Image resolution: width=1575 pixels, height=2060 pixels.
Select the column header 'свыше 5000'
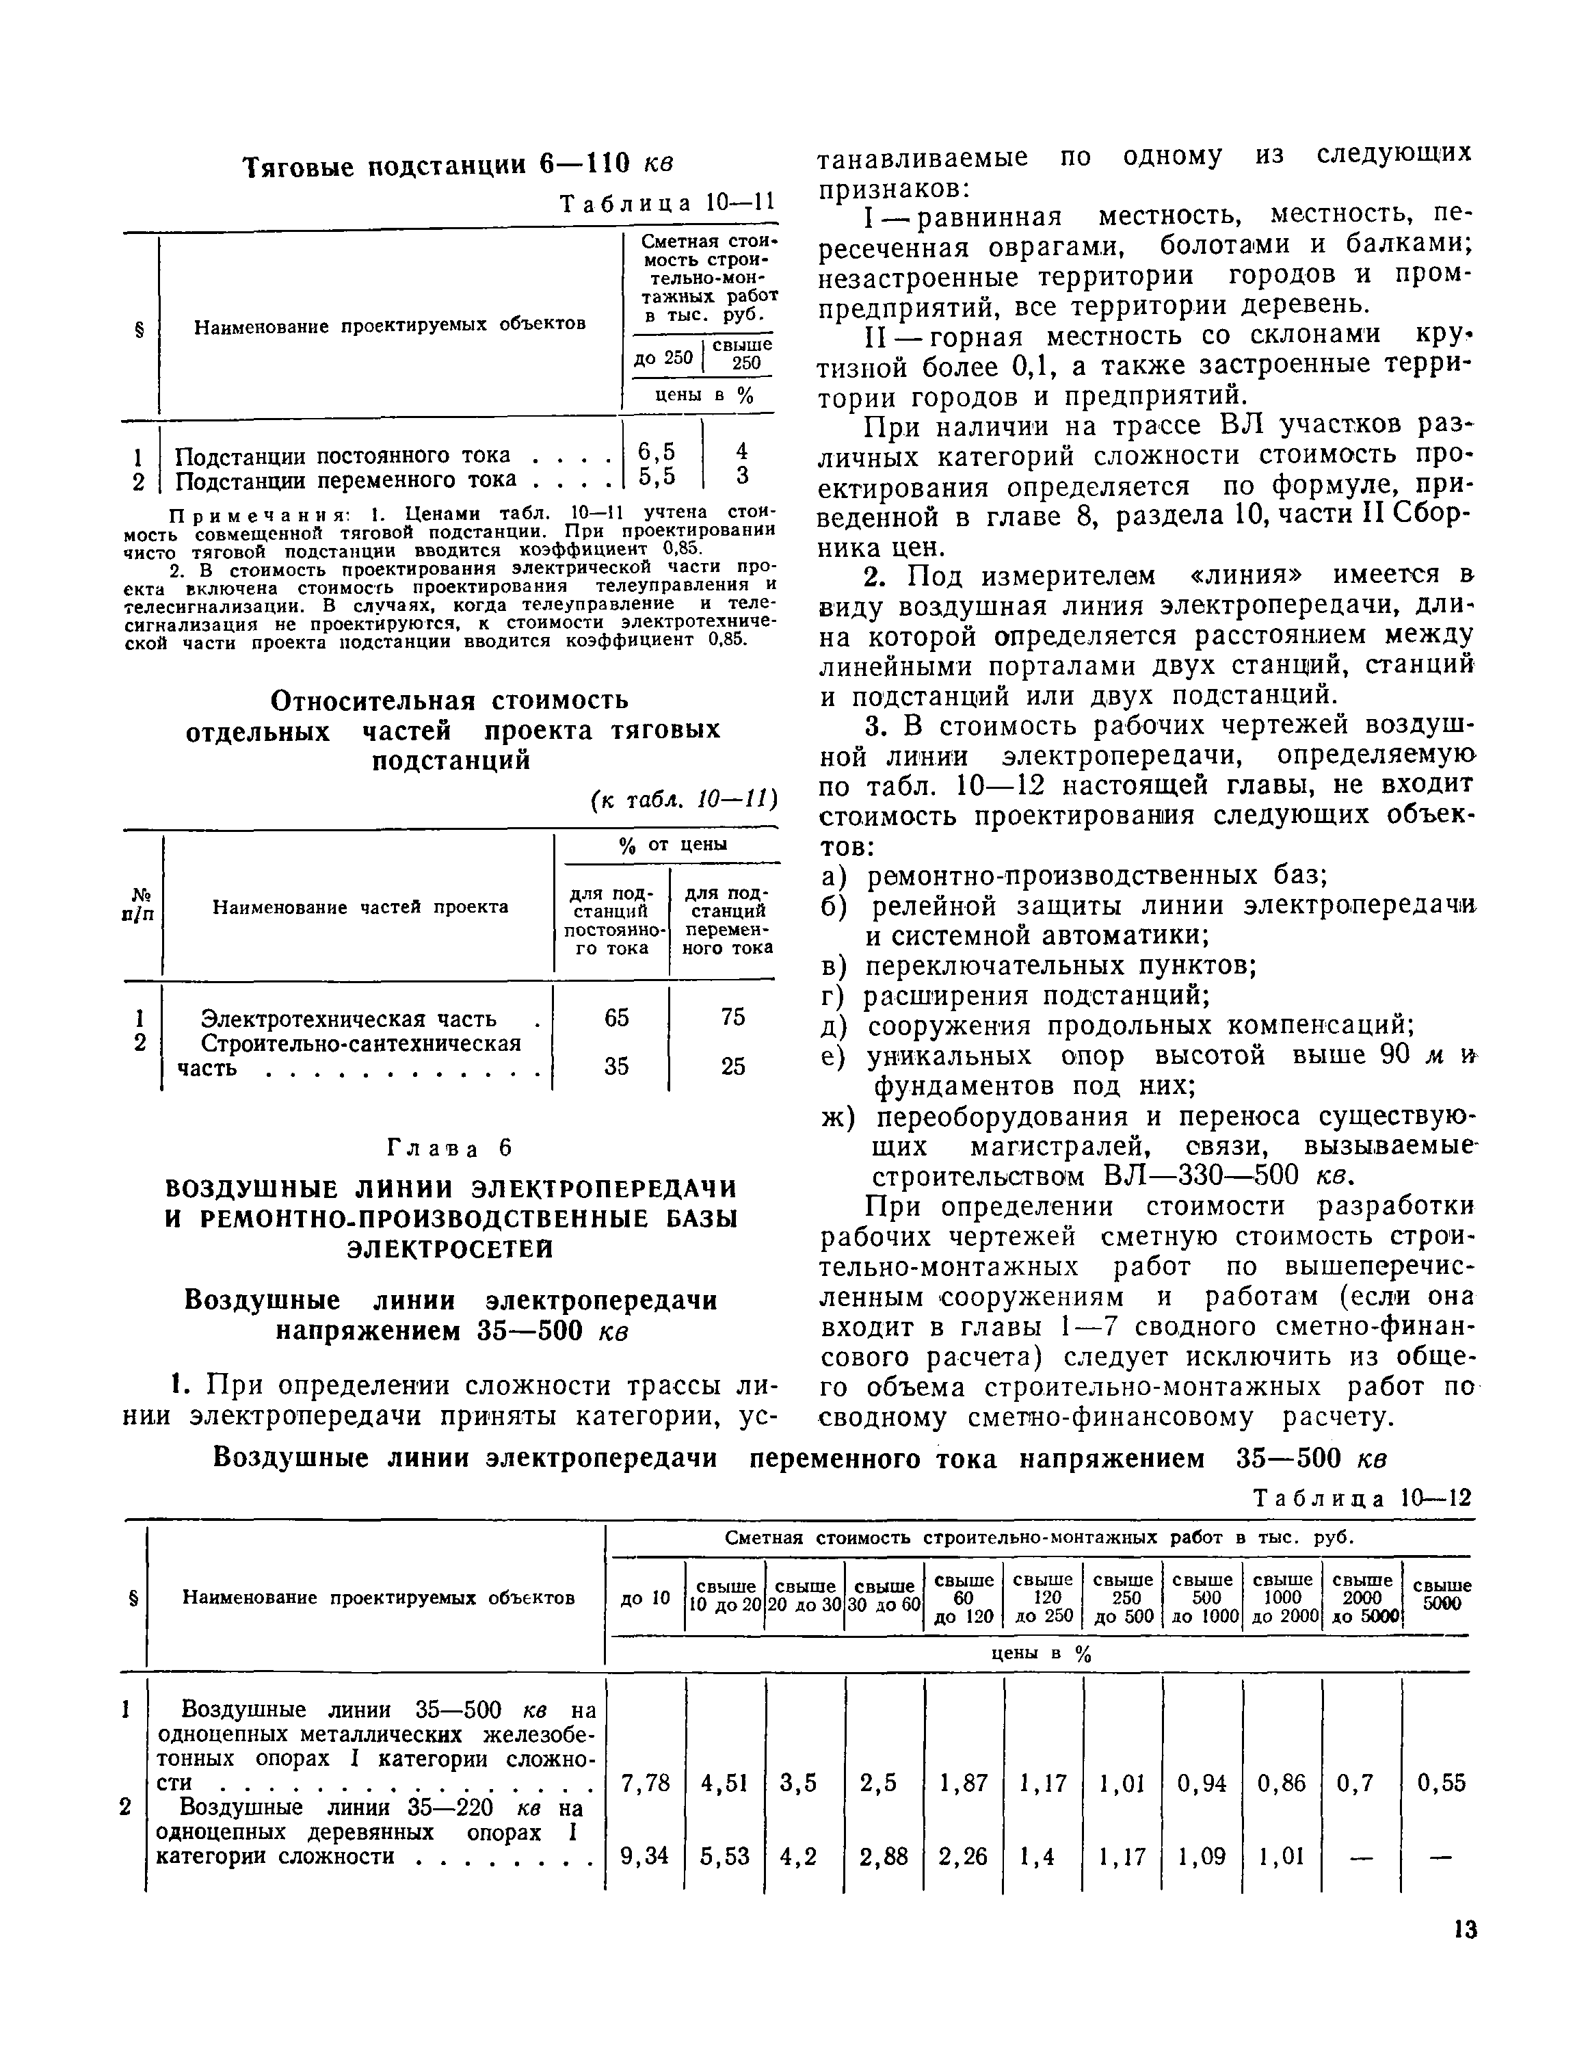[x=1441, y=1595]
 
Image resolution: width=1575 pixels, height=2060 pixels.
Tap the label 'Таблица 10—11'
[x=667, y=203]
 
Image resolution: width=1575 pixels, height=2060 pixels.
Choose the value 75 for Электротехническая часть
[x=733, y=1017]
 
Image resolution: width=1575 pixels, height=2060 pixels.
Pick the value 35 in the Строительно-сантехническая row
[x=616, y=1066]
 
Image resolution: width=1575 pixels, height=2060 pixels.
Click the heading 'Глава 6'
[x=451, y=1149]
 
